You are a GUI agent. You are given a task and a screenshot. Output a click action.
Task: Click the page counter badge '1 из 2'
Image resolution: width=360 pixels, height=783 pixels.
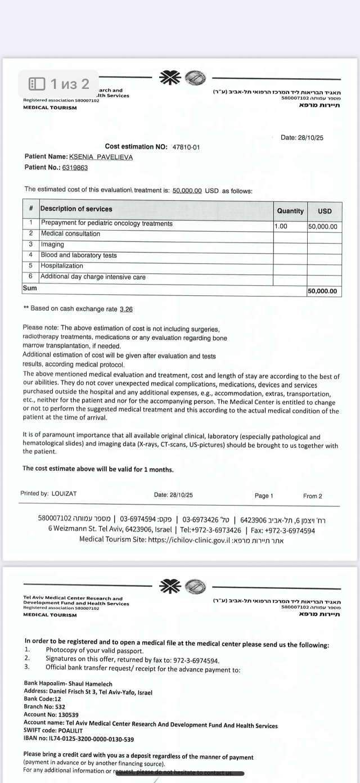point(60,84)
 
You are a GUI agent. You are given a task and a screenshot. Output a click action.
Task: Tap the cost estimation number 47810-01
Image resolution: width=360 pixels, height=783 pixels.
point(186,147)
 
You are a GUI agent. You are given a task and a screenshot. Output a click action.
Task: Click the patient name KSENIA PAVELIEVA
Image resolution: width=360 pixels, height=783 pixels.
point(101,157)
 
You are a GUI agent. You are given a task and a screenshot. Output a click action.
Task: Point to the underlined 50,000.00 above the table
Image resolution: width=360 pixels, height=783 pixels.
point(187,191)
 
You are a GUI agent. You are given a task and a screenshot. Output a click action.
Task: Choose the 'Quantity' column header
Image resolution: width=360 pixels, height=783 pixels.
point(290,211)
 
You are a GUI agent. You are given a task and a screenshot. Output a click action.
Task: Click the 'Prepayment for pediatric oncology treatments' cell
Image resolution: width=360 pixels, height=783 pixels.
point(107,223)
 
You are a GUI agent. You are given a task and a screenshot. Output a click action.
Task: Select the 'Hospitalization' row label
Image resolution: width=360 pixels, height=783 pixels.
point(62,265)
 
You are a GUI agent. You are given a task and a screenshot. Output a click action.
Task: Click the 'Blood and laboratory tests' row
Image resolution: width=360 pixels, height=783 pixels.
point(79,255)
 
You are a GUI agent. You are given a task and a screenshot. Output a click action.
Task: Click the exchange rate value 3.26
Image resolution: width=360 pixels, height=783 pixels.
point(126,309)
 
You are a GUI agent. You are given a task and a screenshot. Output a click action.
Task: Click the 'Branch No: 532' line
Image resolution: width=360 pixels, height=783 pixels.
point(44,706)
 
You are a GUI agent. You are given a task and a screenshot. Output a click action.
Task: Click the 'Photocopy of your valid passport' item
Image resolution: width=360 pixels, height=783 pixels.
point(94,650)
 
